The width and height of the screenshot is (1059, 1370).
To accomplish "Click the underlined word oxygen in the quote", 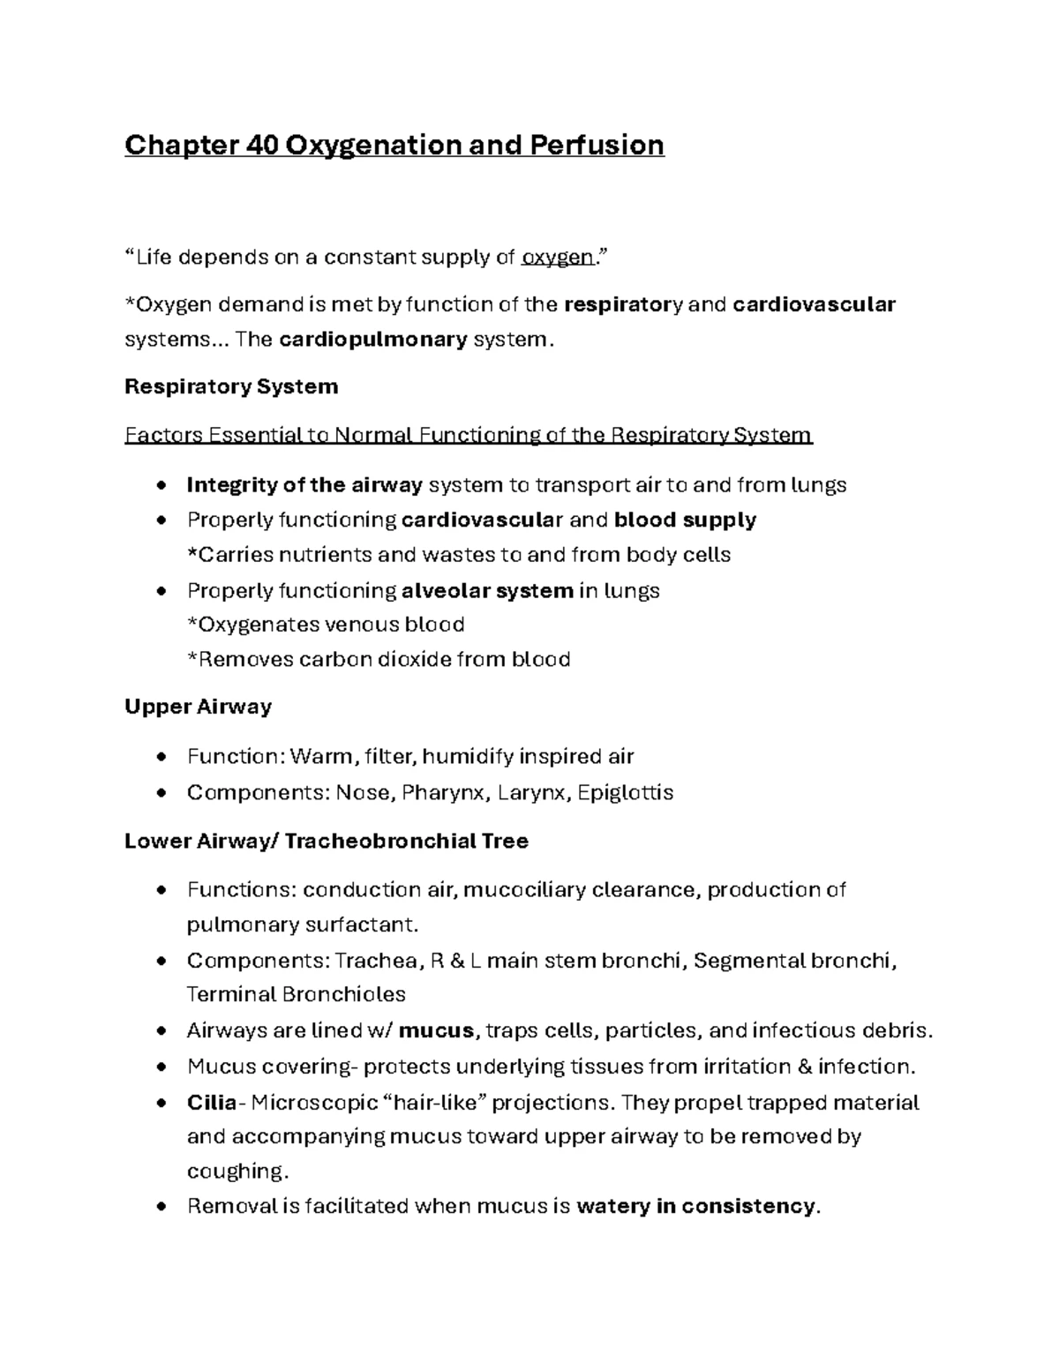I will click(x=558, y=258).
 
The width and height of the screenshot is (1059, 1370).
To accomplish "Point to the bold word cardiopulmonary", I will click(x=372, y=340).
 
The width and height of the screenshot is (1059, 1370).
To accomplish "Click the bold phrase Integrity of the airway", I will click(x=305, y=484).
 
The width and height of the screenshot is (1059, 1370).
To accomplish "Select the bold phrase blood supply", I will click(x=685, y=520).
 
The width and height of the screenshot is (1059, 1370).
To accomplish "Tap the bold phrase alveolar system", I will click(x=487, y=590).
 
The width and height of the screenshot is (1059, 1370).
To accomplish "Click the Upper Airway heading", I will click(x=198, y=707).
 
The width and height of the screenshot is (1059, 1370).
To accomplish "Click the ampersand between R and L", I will click(x=456, y=961).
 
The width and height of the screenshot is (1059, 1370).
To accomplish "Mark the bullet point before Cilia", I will click(x=160, y=1103).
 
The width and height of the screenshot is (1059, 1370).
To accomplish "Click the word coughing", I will click(x=237, y=1172).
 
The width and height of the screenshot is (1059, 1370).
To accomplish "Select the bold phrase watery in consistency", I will click(x=696, y=1206).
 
